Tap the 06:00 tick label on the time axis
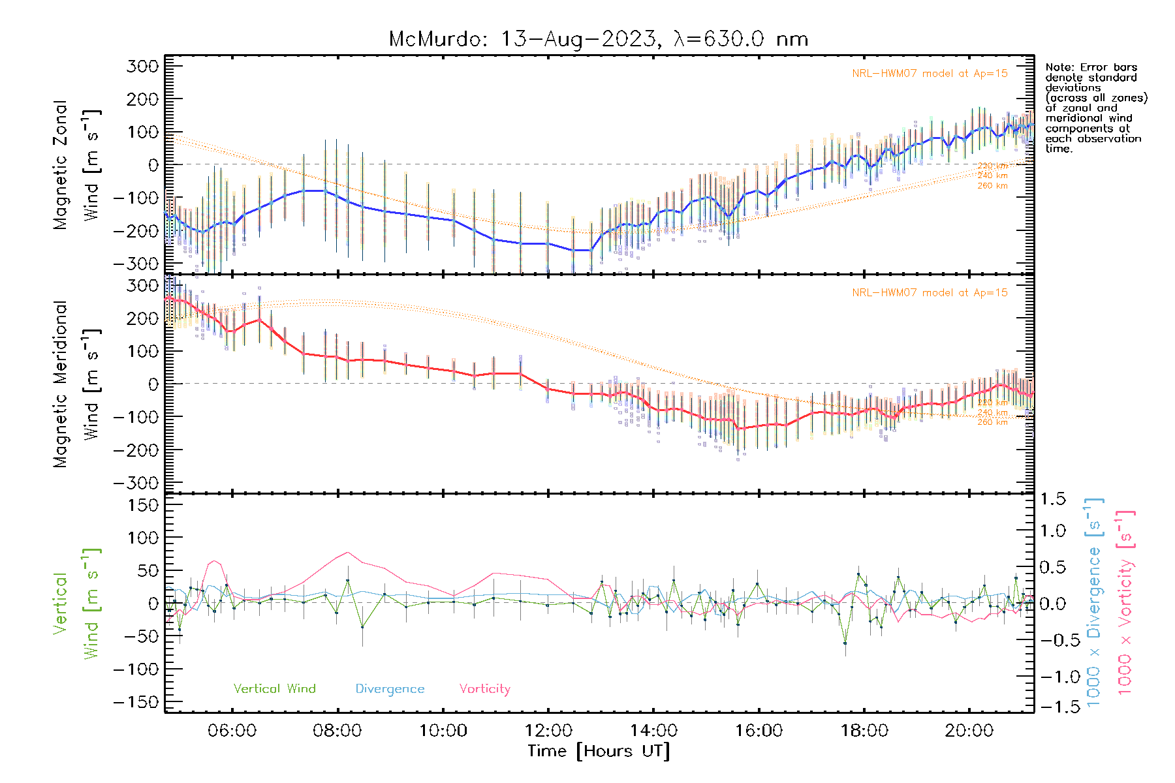(232, 731)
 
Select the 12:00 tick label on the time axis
(548, 731)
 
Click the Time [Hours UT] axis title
(598, 751)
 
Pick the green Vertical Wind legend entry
(274, 688)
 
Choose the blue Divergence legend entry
(390, 688)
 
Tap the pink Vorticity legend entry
(484, 688)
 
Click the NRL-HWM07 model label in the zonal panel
(930, 74)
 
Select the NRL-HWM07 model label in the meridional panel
(930, 293)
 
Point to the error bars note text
(1095, 108)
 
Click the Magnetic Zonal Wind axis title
(76, 164)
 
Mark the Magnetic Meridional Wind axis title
(76, 384)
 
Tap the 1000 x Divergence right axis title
(1094, 602)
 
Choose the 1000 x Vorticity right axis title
(1125, 602)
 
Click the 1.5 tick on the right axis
(1052, 499)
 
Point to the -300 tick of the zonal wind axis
(135, 264)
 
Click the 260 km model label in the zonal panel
(992, 186)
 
